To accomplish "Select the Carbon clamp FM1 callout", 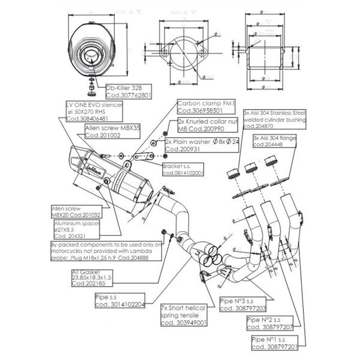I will pos(200,107).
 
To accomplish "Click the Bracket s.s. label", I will pos(182,169).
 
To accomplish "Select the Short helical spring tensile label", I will pos(183,314).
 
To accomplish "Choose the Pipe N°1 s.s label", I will pos(273,343).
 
